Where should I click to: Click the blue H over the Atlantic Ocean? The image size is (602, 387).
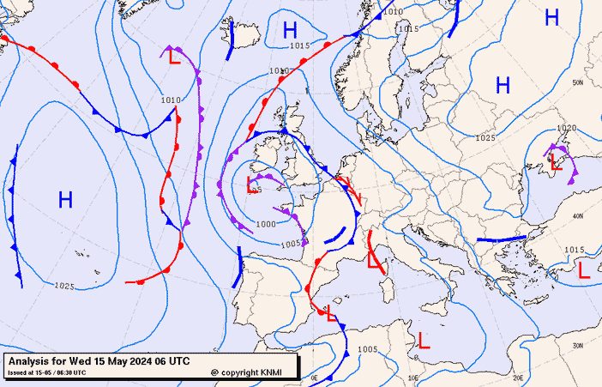pos(65,201)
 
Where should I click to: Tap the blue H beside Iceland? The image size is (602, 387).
pos(290,31)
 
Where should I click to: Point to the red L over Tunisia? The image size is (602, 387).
pos(424,340)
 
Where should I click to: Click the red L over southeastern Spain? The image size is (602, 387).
pos(332,313)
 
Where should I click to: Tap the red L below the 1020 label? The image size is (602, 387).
pos(557,164)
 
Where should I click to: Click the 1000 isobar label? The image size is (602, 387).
pos(266,224)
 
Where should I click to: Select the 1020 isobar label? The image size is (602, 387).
pos(566,128)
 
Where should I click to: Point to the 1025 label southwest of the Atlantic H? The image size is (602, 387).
pos(64,286)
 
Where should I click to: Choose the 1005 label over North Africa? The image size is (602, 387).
pos(368,349)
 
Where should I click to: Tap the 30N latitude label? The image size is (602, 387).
pos(577,347)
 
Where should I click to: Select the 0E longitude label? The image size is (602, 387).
pos(314,378)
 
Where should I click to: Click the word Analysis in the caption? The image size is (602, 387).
pos(33,361)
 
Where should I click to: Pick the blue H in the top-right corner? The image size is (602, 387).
pos(551,16)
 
